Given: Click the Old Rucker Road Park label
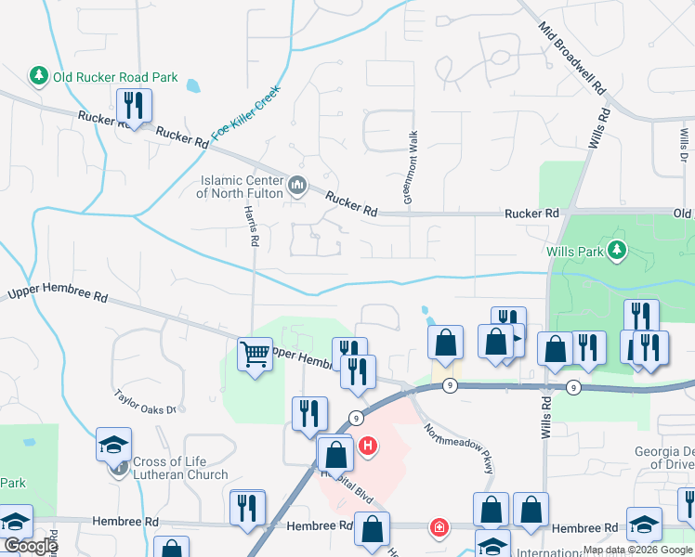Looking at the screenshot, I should pos(115,77).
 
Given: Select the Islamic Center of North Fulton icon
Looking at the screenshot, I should pos(298,187).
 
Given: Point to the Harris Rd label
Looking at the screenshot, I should pos(251,226).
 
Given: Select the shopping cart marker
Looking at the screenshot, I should pos(254,353).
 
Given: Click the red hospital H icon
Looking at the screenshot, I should pos(368,447).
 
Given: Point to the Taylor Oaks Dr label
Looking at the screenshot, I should pos(144,402).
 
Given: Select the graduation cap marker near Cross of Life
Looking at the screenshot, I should pos(113,444).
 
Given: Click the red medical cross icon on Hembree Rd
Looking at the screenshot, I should pos(438,528).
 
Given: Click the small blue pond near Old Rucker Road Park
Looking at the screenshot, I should pos(193,86).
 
